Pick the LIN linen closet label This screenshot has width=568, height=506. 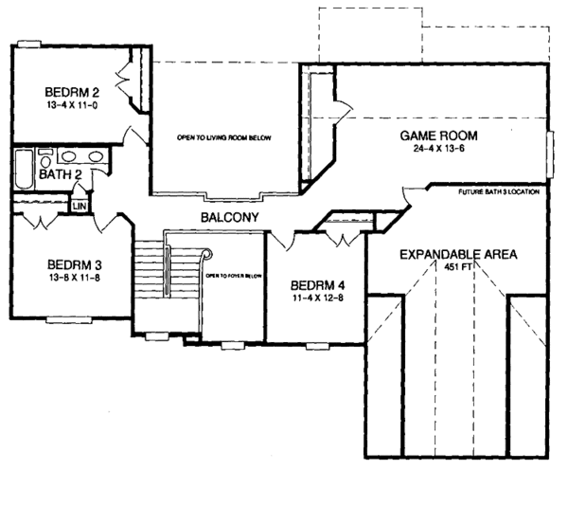pyautogui.click(x=80, y=204)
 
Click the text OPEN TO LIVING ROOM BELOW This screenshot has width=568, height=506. pyautogui.click(x=223, y=138)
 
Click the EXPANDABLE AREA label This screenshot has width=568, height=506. pyautogui.click(x=457, y=255)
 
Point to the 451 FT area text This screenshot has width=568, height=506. pyautogui.click(x=458, y=267)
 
